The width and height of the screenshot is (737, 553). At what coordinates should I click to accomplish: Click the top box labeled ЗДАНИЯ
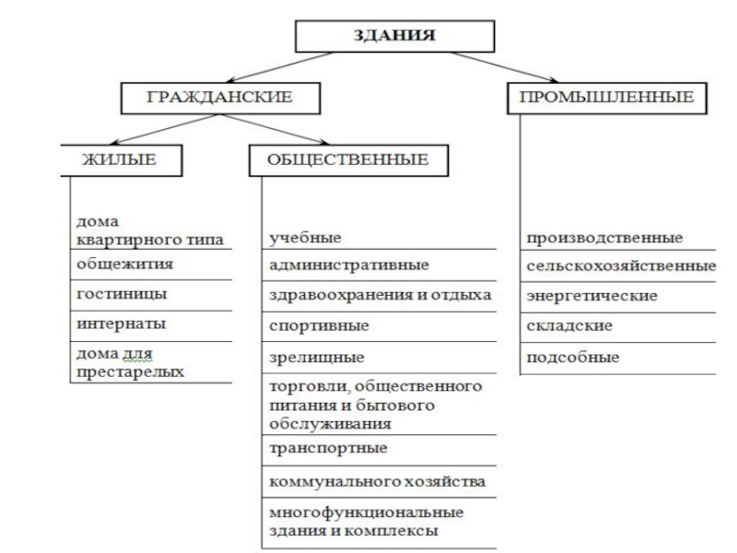click(395, 37)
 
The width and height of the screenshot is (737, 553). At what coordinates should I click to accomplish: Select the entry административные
click(348, 266)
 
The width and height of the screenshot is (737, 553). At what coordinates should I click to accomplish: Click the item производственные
click(604, 238)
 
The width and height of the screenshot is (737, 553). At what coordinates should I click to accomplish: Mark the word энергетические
click(591, 297)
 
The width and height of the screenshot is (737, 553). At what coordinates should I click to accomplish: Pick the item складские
click(569, 326)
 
